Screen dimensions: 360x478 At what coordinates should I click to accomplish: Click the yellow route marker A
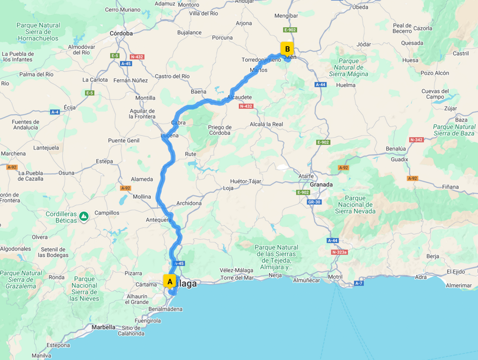(170, 282)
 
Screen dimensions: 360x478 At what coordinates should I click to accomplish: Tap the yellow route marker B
(287, 49)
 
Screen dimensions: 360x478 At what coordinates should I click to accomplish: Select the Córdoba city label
(121, 34)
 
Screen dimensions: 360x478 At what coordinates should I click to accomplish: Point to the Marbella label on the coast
(104, 327)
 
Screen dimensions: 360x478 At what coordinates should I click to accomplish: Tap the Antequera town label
(158, 220)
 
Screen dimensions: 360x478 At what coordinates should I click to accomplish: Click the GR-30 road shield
(314, 202)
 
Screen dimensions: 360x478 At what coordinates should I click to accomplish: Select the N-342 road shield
(416, 140)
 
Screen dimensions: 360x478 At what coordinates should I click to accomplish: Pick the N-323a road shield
(339, 252)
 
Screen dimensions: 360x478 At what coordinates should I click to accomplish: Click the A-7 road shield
(358, 284)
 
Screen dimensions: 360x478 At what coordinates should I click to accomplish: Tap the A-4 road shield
(55, 112)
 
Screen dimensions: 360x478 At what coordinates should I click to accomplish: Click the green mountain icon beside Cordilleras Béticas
(84, 216)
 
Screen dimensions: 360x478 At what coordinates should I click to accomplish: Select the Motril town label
(336, 277)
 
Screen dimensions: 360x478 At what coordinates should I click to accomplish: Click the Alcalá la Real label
(267, 124)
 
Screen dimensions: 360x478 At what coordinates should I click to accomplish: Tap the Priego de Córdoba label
(220, 129)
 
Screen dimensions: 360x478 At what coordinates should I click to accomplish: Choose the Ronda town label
(56, 277)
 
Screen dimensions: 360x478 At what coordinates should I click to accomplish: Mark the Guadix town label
(399, 159)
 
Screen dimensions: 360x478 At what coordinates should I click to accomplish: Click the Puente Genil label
(124, 141)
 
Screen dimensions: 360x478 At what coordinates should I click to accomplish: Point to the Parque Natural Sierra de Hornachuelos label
(38, 32)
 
